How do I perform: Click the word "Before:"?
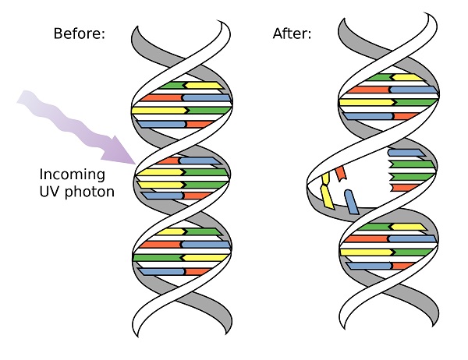[80, 34]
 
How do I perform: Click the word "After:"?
[292, 34]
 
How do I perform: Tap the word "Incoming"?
[73, 175]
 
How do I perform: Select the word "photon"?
[90, 192]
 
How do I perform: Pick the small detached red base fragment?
[341, 175]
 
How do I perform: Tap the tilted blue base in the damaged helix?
[351, 202]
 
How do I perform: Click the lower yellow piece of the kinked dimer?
[327, 197]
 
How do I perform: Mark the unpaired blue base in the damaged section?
[406, 153]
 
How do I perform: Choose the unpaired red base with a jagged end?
[404, 188]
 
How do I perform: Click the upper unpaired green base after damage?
[412, 164]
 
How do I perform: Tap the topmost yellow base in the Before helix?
[204, 86]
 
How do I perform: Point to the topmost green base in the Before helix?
[172, 86]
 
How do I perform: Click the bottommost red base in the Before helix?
[197, 272]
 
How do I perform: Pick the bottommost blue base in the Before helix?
[162, 272]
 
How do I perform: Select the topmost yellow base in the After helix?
[407, 78]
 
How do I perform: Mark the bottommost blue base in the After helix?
[369, 266]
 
